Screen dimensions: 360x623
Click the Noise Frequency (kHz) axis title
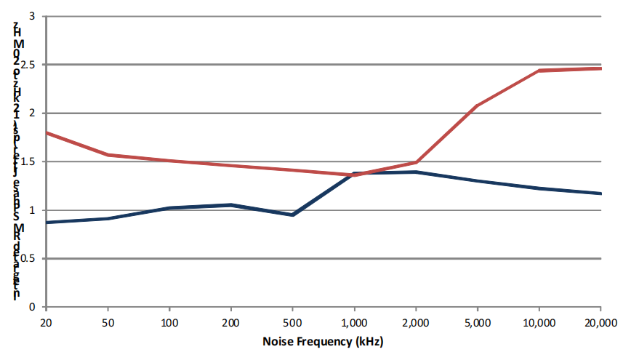[x=323, y=341]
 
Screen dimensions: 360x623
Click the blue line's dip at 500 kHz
[x=292, y=215]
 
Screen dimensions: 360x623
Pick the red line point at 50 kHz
[x=108, y=155]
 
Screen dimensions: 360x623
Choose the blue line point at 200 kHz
[x=230, y=205]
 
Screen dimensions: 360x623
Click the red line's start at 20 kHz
[x=46, y=132]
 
